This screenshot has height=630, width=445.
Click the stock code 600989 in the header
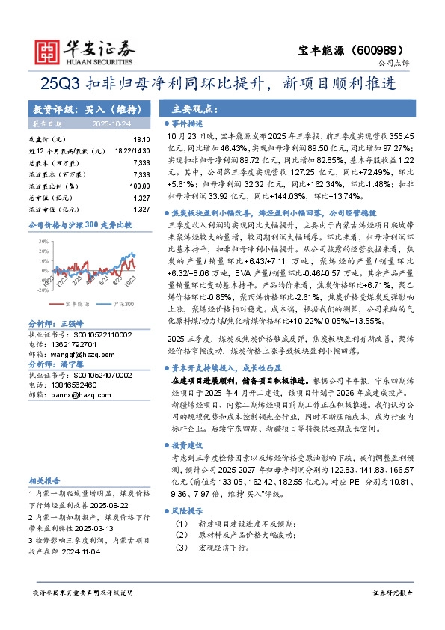click(398, 45)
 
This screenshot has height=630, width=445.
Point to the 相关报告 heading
click(46, 481)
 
